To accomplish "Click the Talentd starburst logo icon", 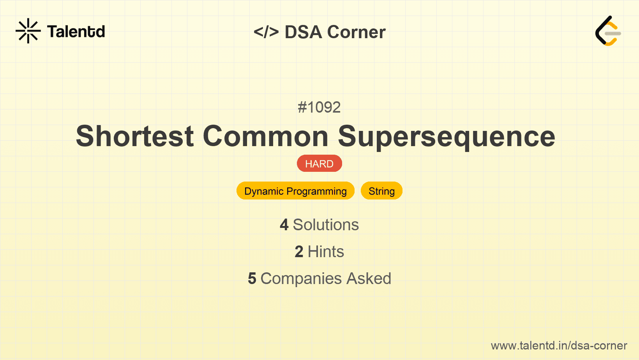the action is tap(28, 31).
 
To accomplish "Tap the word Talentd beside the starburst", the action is tap(76, 32).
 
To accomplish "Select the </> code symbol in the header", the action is tap(266, 32).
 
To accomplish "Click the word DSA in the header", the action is tap(304, 32).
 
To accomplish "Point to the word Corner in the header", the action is tap(356, 32).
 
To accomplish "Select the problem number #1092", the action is tap(319, 107).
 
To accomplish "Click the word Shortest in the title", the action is tap(135, 136).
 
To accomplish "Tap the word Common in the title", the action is tap(266, 136).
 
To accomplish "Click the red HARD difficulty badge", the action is tap(319, 164).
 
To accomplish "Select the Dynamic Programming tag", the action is tap(295, 191).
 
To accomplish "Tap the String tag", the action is tap(382, 191).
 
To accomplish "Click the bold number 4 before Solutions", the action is tap(284, 225).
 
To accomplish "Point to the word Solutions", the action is tap(326, 225).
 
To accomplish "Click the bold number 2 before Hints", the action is tap(299, 252).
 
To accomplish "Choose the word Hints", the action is tap(326, 252).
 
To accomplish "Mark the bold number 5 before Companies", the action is tap(252, 279).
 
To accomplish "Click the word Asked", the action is tap(369, 279).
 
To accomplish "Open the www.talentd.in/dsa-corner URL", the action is tap(559, 346).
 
